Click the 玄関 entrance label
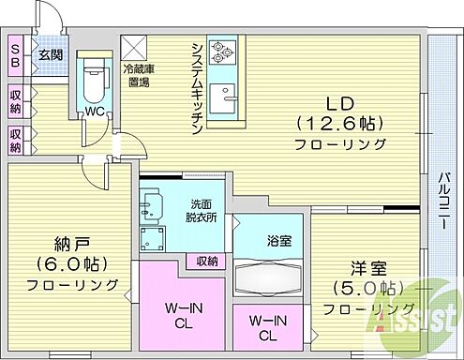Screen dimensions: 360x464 click(50, 55)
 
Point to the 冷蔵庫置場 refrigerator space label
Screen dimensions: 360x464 click(141, 74)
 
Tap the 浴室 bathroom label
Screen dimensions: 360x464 click(277, 240)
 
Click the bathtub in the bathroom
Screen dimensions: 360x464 click(270, 278)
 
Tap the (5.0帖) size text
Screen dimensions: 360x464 click(364, 287)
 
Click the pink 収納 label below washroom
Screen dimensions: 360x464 click(208, 260)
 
